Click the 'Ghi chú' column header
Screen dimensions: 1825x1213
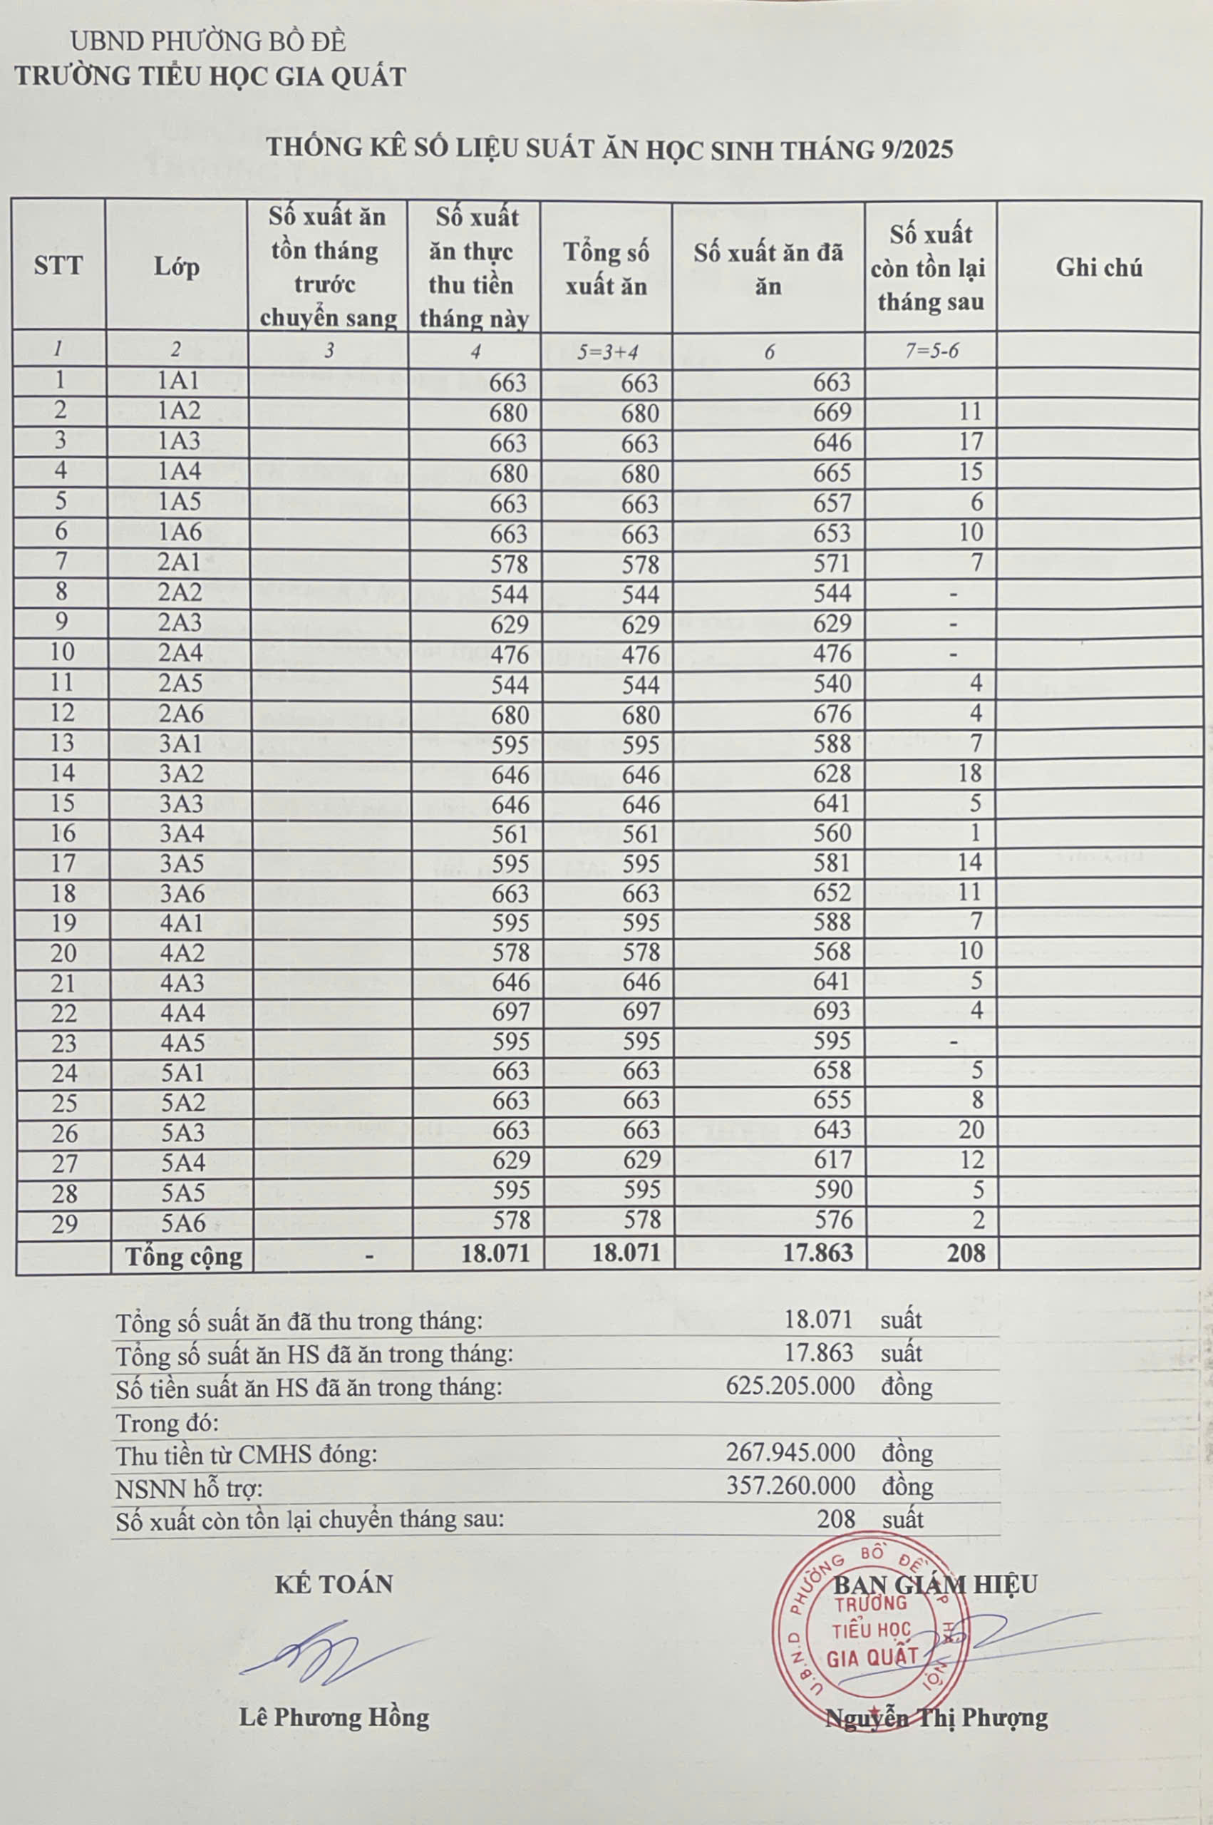[1098, 267]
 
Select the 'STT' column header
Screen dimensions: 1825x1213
[58, 266]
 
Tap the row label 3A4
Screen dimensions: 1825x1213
[182, 834]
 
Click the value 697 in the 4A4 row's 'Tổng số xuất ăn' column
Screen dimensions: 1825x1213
[641, 1012]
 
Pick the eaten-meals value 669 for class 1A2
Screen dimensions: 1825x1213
[832, 412]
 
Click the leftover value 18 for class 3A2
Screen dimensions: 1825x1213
[970, 773]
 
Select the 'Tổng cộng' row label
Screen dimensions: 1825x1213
[184, 1256]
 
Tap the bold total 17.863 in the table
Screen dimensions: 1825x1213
[817, 1253]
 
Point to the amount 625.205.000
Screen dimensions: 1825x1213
[790, 1386]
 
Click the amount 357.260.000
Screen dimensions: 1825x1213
[790, 1486]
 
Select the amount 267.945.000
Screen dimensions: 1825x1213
[790, 1452]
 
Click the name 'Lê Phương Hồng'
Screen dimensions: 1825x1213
[334, 1717]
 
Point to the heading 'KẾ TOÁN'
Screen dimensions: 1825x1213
[334, 1583]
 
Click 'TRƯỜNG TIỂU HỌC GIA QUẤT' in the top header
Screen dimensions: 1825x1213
[210, 76]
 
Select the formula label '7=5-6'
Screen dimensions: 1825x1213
[931, 351]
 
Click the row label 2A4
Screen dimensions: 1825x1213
[180, 653]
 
